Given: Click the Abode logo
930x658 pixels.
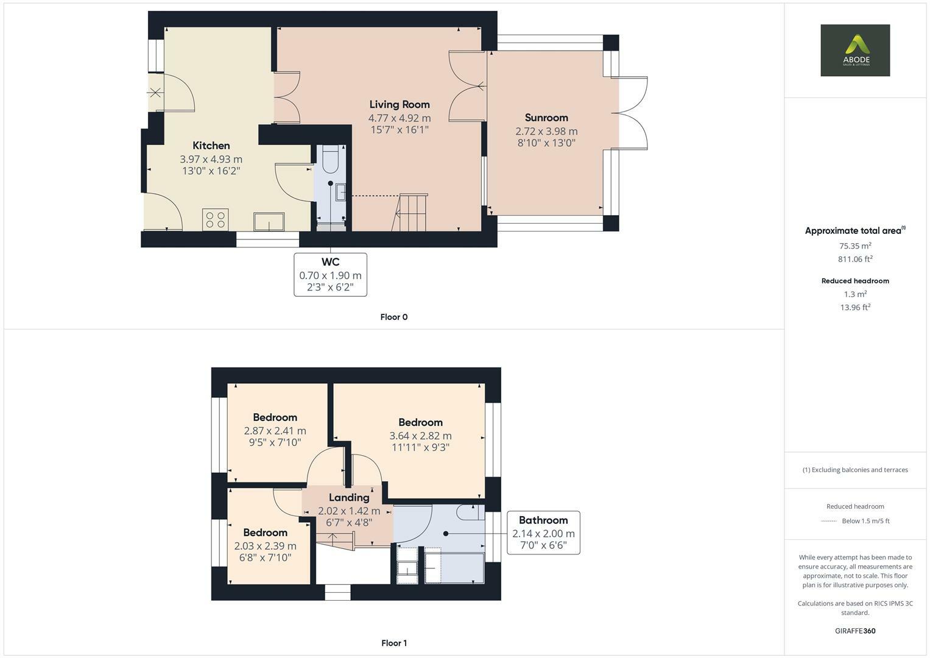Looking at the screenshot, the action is coord(855,50).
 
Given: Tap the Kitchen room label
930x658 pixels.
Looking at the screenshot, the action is coord(211,146).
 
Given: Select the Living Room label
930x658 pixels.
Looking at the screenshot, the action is coord(400,104).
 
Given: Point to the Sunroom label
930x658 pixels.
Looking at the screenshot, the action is coord(546,118).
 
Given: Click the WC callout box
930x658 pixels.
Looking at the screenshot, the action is coord(331,275).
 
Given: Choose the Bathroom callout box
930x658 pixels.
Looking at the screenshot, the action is coord(543,532).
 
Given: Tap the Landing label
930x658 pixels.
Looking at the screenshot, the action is coord(349,497).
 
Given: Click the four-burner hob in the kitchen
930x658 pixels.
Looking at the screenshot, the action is coord(216,220).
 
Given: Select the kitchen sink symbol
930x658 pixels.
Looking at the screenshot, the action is coord(269,221).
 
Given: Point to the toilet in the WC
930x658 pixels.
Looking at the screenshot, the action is coord(331,158).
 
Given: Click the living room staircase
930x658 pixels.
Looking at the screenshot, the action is coord(410,212).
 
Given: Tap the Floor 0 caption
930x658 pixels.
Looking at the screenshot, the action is coord(394,317).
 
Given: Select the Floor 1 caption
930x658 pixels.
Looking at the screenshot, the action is coord(394,643).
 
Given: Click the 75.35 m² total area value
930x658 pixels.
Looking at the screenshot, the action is coord(855,246).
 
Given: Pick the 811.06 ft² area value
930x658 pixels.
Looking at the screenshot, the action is coord(855,259).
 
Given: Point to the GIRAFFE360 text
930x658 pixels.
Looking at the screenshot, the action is coord(855,631).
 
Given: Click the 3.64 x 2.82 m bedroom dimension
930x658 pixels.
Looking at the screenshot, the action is coord(421,436).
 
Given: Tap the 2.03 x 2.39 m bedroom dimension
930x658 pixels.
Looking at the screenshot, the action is coord(266,546).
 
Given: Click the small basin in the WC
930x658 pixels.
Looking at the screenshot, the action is coord(341,193).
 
